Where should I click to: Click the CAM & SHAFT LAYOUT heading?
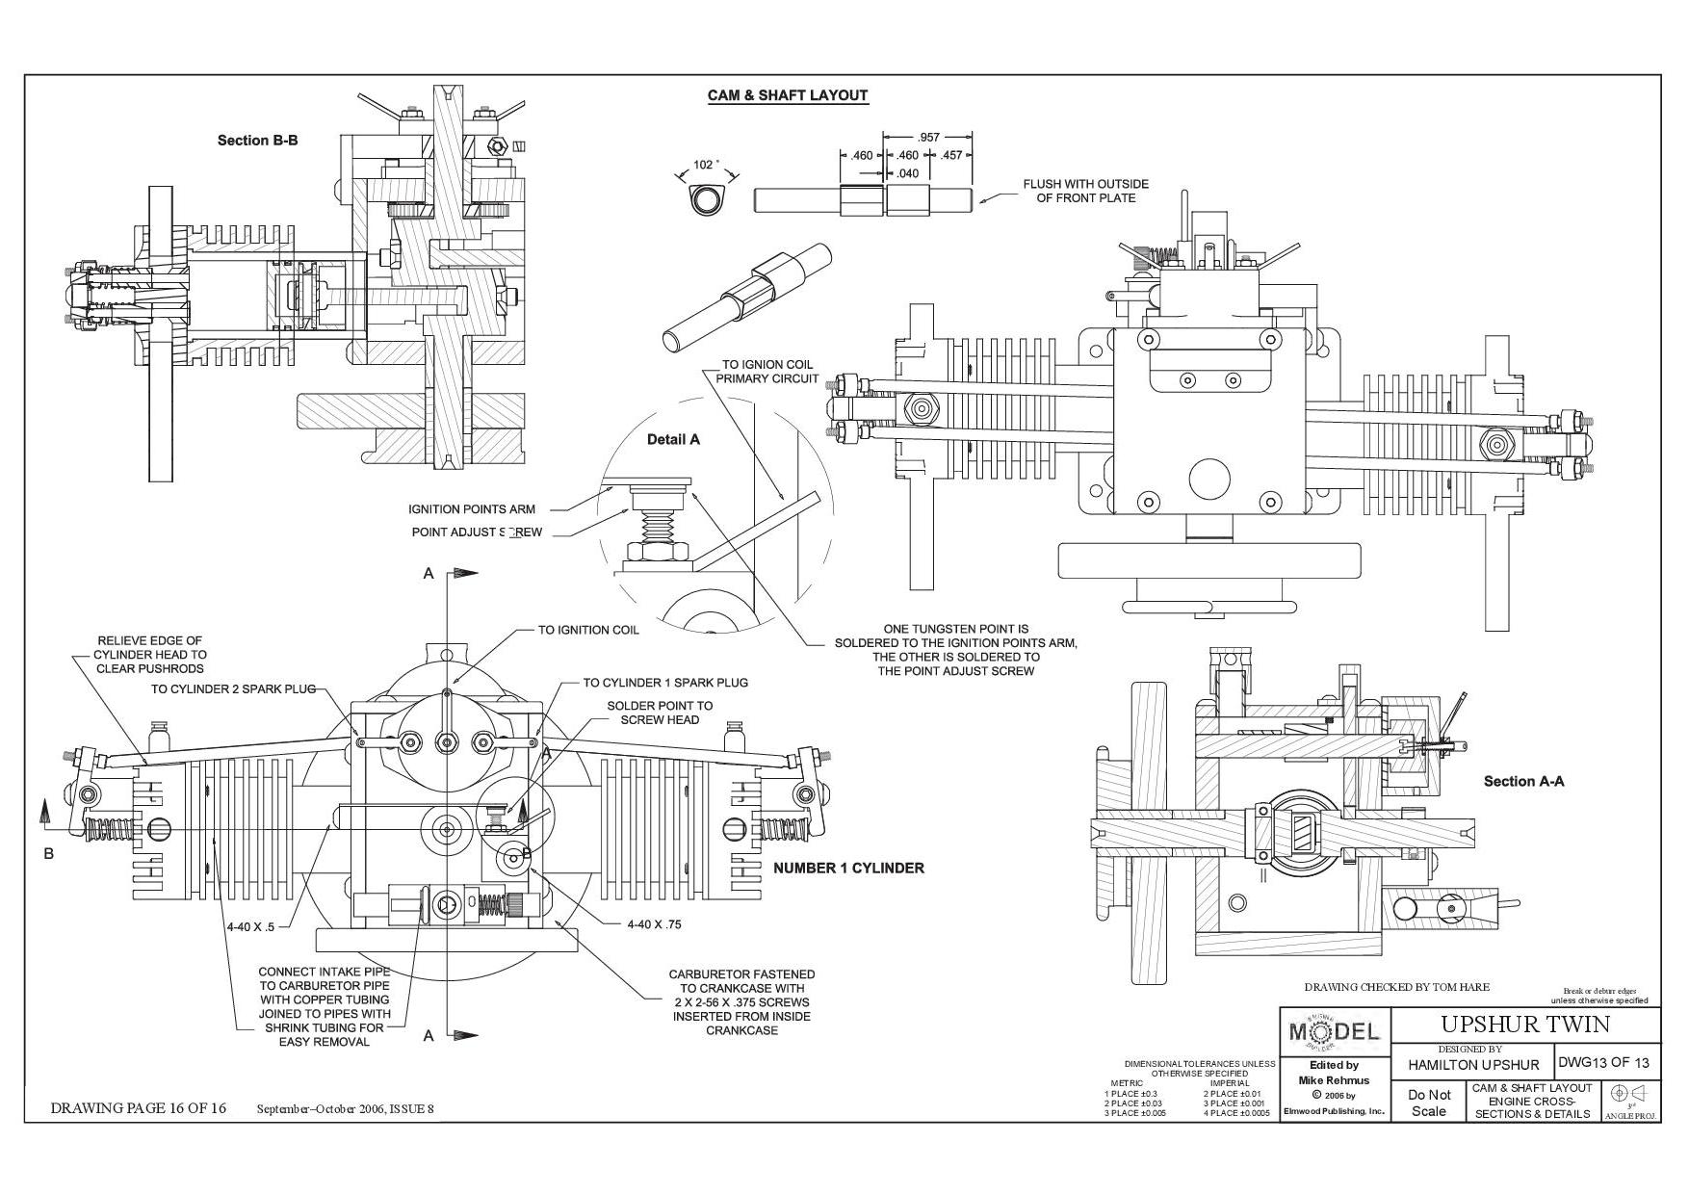coord(788,95)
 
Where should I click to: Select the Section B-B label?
coord(257,141)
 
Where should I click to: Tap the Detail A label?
coord(673,439)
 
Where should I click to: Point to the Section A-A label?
coord(1523,781)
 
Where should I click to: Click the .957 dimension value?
coord(927,138)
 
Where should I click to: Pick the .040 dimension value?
coord(907,174)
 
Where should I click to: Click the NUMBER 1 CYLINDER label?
coord(848,868)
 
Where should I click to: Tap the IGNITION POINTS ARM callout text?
coord(472,509)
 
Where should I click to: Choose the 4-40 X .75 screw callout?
coord(654,924)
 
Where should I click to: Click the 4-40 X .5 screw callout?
coord(250,927)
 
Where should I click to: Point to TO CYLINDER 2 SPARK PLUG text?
coord(233,688)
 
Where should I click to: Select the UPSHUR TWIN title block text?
coord(1524,1023)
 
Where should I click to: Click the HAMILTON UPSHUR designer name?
coord(1473,1065)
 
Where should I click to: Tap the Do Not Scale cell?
coord(1429,1103)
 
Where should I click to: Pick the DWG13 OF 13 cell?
coord(1603,1062)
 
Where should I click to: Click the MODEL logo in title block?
coord(1334,1031)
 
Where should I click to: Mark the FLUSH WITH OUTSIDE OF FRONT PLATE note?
coord(1085,191)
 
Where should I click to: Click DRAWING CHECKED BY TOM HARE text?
coord(1396,987)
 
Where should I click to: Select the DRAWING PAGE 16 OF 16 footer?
coord(138,1108)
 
